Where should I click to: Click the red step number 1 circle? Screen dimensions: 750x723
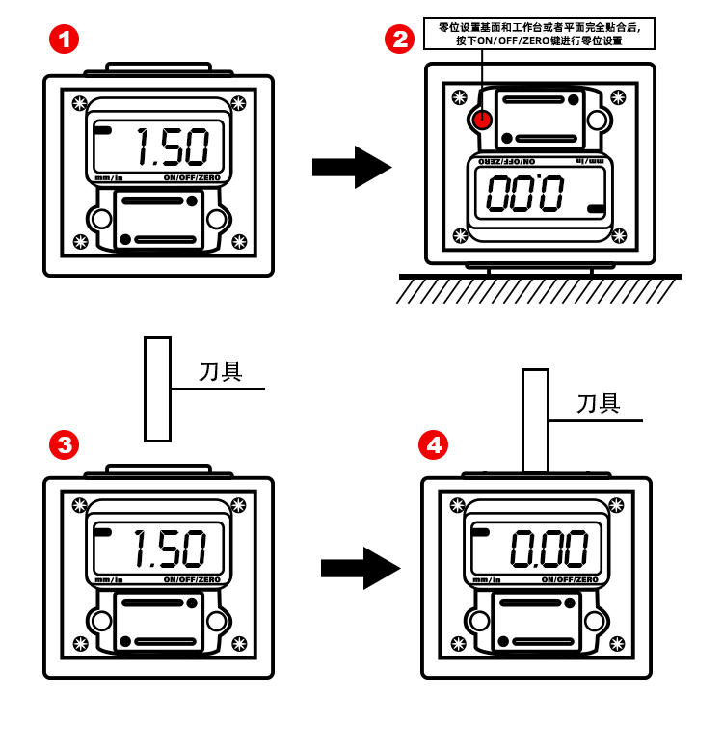(x=64, y=40)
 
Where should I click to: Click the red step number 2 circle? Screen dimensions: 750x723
(x=399, y=40)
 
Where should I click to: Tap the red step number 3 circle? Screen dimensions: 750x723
(x=64, y=444)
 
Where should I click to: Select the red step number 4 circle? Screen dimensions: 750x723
(x=433, y=444)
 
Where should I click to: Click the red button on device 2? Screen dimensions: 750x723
(x=482, y=120)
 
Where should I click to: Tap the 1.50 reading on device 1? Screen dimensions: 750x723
(x=172, y=147)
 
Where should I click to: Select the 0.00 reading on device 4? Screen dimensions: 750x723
(x=549, y=548)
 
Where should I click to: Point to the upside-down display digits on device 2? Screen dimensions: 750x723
(x=525, y=193)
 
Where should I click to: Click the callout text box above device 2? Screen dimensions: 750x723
(x=539, y=34)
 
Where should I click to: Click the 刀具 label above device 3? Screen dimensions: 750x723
(x=221, y=372)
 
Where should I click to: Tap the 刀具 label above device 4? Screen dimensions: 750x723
(x=599, y=404)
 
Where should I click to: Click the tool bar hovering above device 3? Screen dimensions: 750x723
(x=157, y=388)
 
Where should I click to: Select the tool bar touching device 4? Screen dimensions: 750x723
(x=535, y=420)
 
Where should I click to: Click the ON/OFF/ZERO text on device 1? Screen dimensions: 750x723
(x=192, y=178)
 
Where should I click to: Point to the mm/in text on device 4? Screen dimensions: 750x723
(x=487, y=580)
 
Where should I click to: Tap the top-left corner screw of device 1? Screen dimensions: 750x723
(x=79, y=103)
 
